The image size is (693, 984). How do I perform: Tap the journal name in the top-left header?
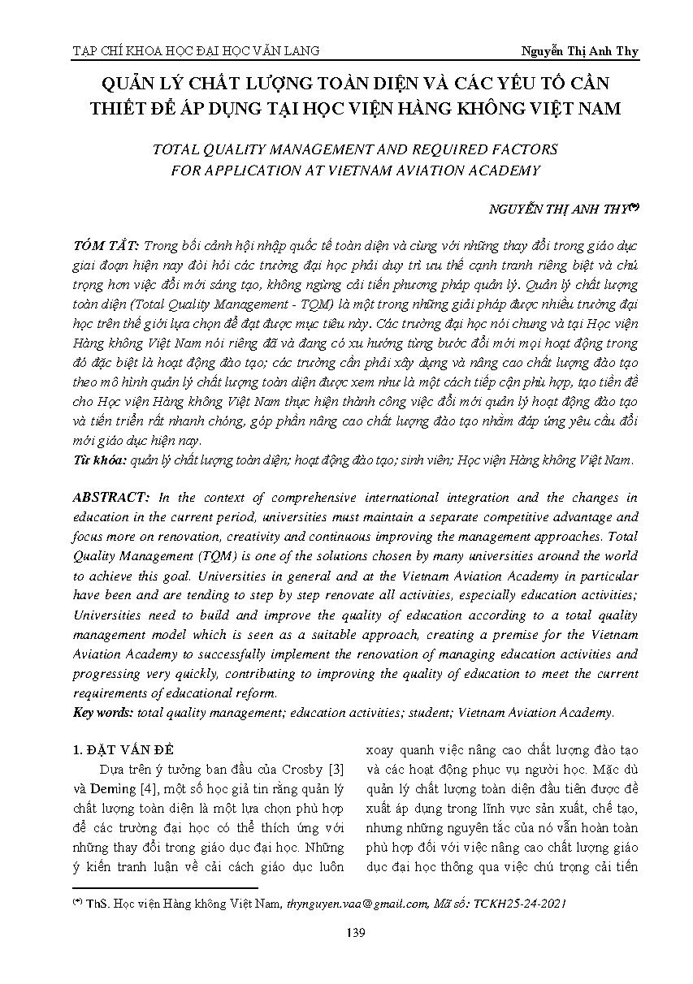click(x=196, y=50)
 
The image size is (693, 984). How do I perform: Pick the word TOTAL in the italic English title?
click(x=170, y=149)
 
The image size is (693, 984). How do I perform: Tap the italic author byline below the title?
click(x=563, y=209)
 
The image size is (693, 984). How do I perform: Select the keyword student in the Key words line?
click(x=429, y=712)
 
